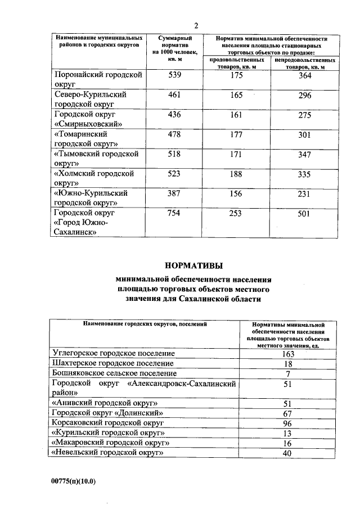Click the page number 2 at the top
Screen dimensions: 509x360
(x=196, y=25)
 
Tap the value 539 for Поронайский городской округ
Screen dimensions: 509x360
(x=175, y=75)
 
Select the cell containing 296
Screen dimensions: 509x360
(x=304, y=96)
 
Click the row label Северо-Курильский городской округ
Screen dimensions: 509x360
(x=89, y=100)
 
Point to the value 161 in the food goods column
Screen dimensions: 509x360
(x=236, y=115)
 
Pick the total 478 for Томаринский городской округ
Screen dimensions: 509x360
(x=175, y=135)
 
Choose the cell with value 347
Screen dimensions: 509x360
(x=304, y=155)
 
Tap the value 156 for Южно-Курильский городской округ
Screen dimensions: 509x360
(x=236, y=193)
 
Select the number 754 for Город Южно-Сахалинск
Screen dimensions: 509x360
(x=175, y=214)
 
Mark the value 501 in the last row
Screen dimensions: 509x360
(x=304, y=214)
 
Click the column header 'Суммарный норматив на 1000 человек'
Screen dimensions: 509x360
(x=175, y=47)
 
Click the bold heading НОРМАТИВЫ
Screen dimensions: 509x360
(x=193, y=265)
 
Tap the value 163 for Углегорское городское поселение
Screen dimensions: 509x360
(x=287, y=354)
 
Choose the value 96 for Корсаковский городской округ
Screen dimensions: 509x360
(x=287, y=423)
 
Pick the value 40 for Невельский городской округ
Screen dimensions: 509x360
(x=287, y=453)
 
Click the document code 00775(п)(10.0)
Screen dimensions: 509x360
(x=74, y=481)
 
